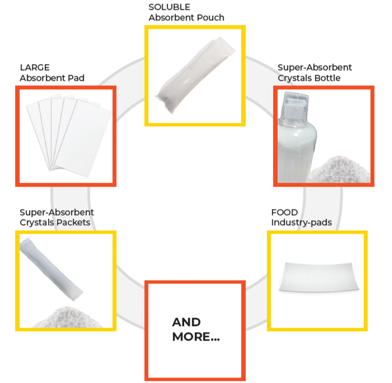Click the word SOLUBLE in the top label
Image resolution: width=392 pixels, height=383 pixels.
pyautogui.click(x=169, y=7)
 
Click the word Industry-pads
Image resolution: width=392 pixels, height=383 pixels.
pyautogui.click(x=301, y=222)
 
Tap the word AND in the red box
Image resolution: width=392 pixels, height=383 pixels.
pyautogui.click(x=186, y=322)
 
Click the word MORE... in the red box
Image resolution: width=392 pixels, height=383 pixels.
pyautogui.click(x=196, y=337)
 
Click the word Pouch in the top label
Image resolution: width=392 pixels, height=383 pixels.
pyautogui.click(x=212, y=17)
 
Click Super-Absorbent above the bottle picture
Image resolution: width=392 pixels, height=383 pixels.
pyautogui.click(x=315, y=68)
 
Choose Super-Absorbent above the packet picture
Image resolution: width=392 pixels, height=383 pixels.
pyautogui.click(x=57, y=212)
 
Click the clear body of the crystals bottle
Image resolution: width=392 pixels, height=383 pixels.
pyautogui.click(x=296, y=146)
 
